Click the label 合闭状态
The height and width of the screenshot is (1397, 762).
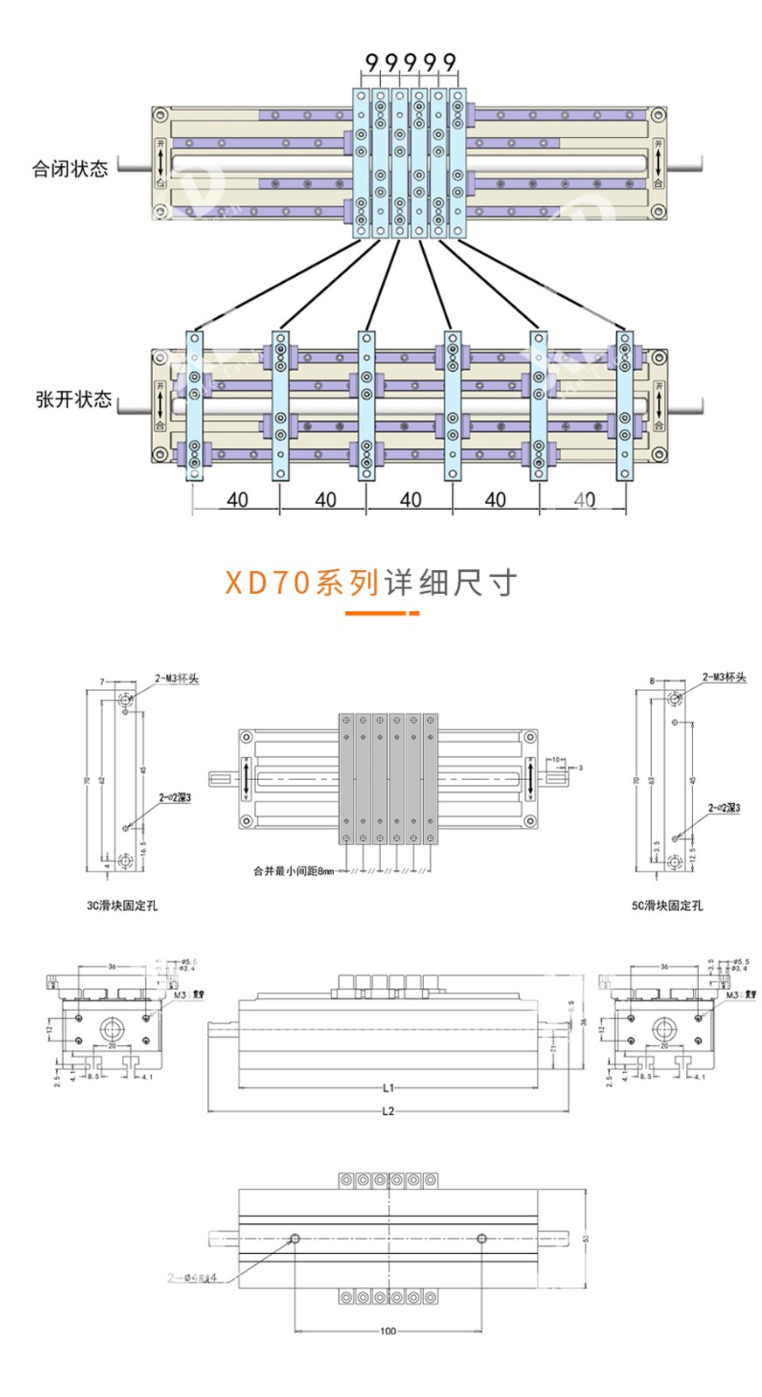70,169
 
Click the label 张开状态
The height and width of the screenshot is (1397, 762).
73,400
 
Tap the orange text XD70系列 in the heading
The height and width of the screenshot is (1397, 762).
301,582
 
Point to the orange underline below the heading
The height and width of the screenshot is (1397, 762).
382,613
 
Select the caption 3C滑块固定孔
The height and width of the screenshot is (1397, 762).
122,906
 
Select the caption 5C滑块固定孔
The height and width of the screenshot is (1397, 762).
667,906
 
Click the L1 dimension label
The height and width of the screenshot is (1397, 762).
389,1088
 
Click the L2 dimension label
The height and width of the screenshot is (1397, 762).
389,1111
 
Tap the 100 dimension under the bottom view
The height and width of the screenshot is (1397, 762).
388,1332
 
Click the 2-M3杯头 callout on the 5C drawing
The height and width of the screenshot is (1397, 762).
724,678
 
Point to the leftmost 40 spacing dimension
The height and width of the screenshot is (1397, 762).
237,500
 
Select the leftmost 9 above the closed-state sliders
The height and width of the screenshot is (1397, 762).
371,62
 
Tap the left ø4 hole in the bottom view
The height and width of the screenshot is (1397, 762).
295,1239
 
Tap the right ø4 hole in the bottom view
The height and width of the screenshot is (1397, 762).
481,1239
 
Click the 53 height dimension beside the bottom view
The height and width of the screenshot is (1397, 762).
586,1238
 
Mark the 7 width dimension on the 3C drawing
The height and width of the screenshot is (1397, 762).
101,682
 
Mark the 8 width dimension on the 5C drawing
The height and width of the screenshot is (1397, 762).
651,681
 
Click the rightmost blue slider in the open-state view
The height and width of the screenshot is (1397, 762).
624,405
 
